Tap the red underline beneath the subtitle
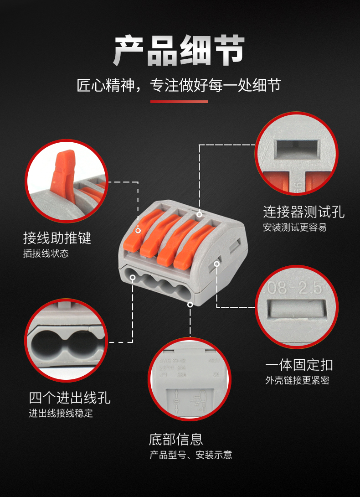pos(179,101)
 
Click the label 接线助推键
pos(57,238)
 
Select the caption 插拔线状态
pos(46,254)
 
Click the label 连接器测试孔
pos(303,212)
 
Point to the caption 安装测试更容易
pos(294,228)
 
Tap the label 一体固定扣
pos(299,365)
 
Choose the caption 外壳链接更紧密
pos(297,381)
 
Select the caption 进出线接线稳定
pos(61,414)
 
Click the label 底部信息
pos(175,439)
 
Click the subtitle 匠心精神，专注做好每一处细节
pos(179,85)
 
